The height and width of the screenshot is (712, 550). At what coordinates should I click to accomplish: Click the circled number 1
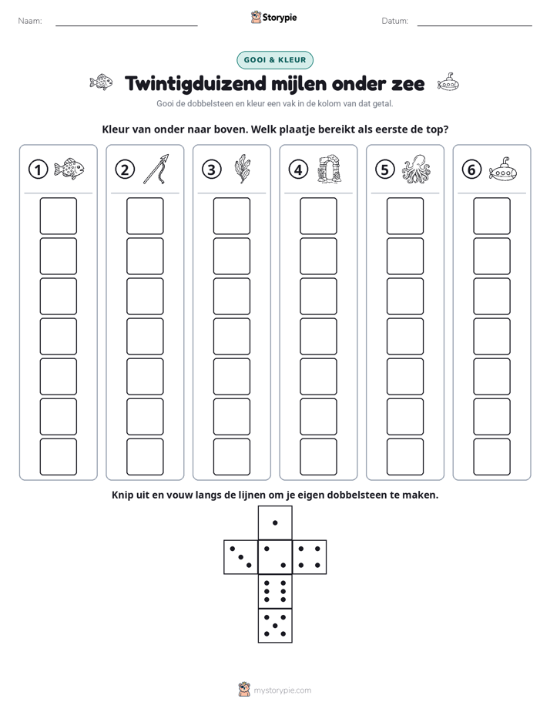(x=38, y=170)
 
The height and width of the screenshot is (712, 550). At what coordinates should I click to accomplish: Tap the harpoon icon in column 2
(x=156, y=169)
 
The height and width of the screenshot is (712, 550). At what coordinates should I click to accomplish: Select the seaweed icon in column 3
(x=242, y=169)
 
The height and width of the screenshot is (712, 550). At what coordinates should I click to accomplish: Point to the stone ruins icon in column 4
(x=329, y=169)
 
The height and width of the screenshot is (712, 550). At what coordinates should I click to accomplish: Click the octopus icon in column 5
(x=416, y=169)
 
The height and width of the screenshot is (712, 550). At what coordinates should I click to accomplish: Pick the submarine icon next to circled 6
(x=503, y=170)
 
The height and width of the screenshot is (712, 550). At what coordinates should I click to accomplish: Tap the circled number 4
(x=298, y=170)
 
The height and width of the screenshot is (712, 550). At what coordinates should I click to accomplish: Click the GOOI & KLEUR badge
(x=275, y=60)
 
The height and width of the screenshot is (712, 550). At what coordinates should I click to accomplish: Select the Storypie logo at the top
(x=273, y=17)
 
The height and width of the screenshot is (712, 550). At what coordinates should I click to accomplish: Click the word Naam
(x=30, y=21)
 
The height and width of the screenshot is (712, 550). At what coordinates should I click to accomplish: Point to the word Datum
(x=395, y=21)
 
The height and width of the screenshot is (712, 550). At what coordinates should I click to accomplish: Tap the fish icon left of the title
(x=101, y=82)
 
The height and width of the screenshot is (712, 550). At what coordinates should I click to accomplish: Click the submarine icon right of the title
(x=448, y=82)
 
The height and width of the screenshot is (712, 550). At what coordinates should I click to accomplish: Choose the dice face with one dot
(x=275, y=523)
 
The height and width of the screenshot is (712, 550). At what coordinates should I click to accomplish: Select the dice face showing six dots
(x=275, y=591)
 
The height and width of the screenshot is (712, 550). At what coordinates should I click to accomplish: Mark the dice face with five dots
(x=275, y=626)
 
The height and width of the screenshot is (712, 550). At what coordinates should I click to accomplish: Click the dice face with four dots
(x=310, y=557)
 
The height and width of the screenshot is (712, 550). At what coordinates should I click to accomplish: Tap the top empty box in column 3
(x=231, y=216)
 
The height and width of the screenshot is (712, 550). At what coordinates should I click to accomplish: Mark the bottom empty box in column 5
(x=405, y=457)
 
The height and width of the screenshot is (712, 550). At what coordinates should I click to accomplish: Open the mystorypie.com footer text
(x=282, y=690)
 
